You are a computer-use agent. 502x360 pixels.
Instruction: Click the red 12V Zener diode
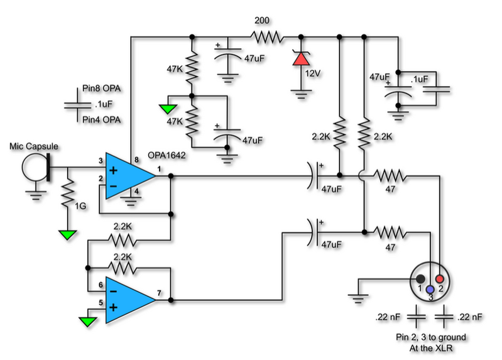pyautogui.click(x=302, y=58)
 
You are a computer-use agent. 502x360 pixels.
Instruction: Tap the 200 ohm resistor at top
pyautogui.click(x=267, y=37)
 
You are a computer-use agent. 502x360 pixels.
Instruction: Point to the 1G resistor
pyautogui.click(x=68, y=195)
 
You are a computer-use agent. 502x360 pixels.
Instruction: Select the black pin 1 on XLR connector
pyautogui.click(x=420, y=279)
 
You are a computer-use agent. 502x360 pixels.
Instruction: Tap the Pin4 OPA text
pyautogui.click(x=95, y=119)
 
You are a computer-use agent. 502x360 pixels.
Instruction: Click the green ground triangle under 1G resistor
pyautogui.click(x=68, y=235)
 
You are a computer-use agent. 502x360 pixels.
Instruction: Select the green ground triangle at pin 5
pyautogui.click(x=86, y=322)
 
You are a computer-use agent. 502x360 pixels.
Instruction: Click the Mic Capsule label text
pyautogui.click(x=34, y=146)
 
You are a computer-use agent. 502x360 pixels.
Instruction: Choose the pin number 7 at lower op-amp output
pyautogui.click(x=160, y=293)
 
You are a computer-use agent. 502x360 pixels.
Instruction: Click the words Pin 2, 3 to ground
pyautogui.click(x=430, y=337)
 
